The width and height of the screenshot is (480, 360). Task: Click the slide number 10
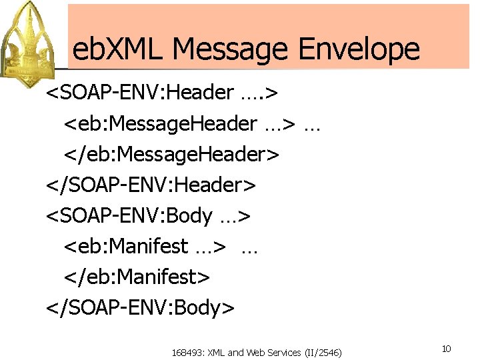(445, 349)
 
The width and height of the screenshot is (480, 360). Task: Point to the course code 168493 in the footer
(187, 352)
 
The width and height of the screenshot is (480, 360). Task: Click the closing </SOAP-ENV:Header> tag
(151, 185)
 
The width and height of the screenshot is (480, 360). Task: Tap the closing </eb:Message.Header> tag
(171, 154)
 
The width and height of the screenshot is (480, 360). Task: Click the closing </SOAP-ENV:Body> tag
(140, 307)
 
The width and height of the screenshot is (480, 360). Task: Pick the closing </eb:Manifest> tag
(137, 277)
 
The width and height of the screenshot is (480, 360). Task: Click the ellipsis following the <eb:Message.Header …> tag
(311, 125)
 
